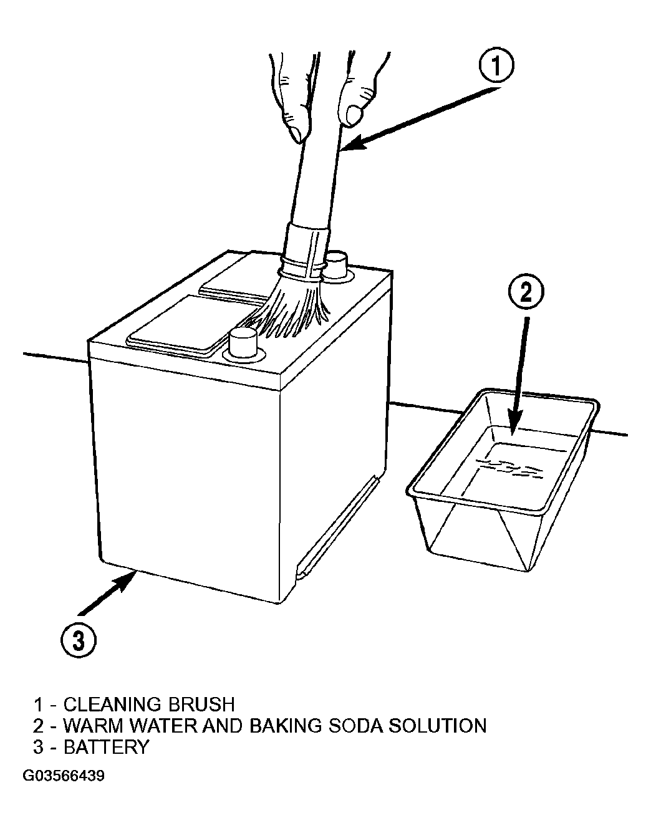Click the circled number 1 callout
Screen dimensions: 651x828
click(496, 65)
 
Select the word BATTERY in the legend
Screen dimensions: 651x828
click(106, 747)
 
